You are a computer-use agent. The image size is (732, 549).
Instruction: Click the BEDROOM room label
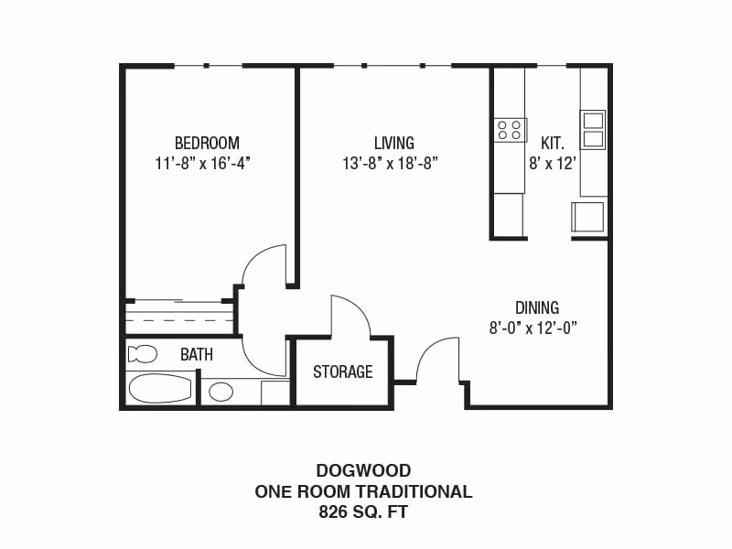207,144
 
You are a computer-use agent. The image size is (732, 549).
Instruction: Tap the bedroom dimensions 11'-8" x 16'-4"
203,164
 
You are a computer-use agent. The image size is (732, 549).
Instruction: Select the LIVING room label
393,144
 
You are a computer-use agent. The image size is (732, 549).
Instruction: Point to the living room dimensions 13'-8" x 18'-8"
391,164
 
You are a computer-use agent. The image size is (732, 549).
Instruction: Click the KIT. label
553,144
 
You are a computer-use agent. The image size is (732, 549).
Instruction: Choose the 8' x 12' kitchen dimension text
553,164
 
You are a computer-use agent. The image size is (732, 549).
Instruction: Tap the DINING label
536,307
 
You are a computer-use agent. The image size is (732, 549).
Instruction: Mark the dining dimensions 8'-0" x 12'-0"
533,328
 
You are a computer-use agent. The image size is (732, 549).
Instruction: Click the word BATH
196,354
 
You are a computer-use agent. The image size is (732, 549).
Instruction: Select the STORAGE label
343,371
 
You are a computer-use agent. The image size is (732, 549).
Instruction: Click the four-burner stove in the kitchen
510,130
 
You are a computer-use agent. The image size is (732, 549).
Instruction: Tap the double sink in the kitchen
593,129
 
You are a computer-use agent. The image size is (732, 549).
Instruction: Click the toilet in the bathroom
143,354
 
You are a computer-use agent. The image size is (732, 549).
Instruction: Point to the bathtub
160,388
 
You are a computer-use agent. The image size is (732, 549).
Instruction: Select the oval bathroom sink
221,392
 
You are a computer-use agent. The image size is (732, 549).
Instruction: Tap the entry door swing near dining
436,358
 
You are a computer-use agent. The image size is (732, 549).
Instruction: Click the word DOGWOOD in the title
363,471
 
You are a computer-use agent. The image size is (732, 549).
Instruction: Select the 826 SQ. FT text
363,512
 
